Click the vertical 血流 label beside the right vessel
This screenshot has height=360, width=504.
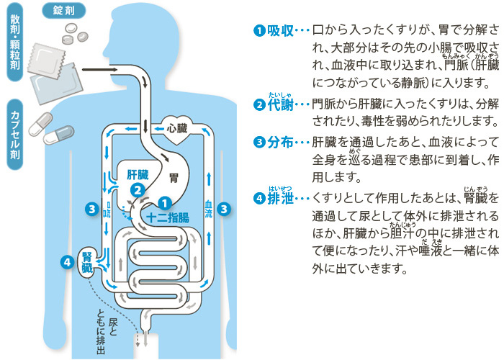pyautogui.click(x=208, y=189)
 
